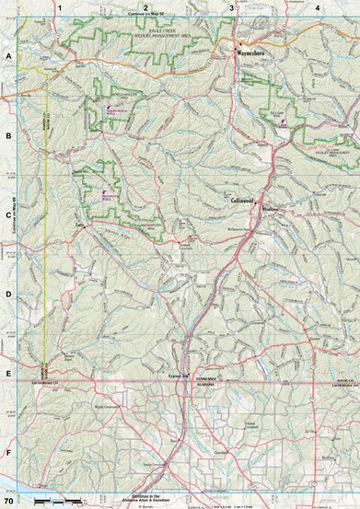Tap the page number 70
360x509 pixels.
8,502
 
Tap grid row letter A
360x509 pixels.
8,56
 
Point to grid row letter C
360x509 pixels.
8,215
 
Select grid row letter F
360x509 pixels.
8,453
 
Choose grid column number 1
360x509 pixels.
58,7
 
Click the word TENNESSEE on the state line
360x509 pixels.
204,379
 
